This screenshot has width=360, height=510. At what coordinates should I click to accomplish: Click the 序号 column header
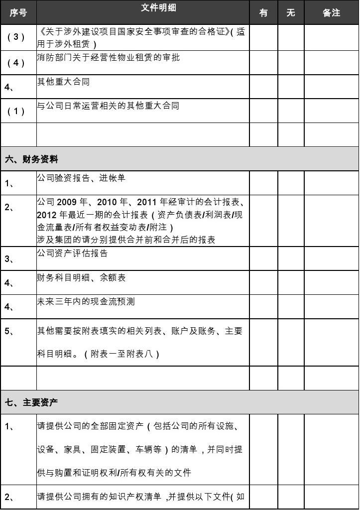point(18,12)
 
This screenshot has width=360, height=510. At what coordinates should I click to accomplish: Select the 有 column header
point(263,12)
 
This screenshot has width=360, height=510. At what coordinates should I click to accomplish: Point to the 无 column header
point(291,12)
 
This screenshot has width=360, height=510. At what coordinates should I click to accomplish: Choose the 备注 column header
point(331,12)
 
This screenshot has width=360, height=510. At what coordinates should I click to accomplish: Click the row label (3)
point(15,37)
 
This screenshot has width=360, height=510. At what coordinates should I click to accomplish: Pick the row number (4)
point(15,63)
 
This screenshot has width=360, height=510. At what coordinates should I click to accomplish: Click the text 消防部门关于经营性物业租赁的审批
point(109,57)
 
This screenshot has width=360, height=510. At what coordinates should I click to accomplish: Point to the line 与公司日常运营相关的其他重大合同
point(108,106)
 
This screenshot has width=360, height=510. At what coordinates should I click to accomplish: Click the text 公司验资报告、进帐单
point(81,178)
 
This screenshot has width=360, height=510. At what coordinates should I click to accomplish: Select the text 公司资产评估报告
point(72,253)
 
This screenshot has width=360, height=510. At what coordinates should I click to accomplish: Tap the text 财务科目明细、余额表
point(81,277)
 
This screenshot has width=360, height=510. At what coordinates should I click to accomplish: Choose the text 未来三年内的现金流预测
point(86,301)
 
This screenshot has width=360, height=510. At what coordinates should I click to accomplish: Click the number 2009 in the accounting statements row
point(68,202)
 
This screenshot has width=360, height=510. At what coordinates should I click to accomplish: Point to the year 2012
point(47,215)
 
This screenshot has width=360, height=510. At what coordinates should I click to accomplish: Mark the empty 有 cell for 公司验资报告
point(263,183)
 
